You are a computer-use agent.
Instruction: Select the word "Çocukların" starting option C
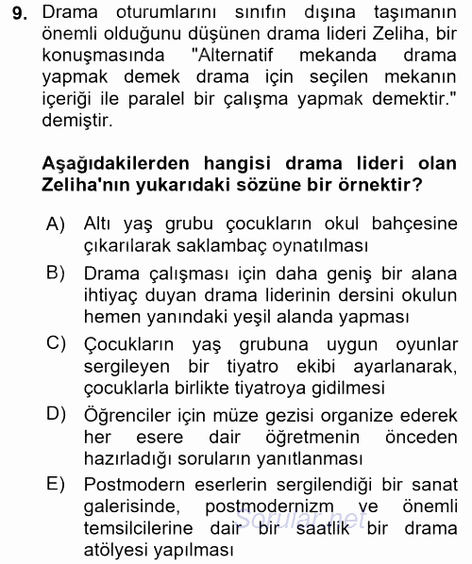click(x=126, y=340)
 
